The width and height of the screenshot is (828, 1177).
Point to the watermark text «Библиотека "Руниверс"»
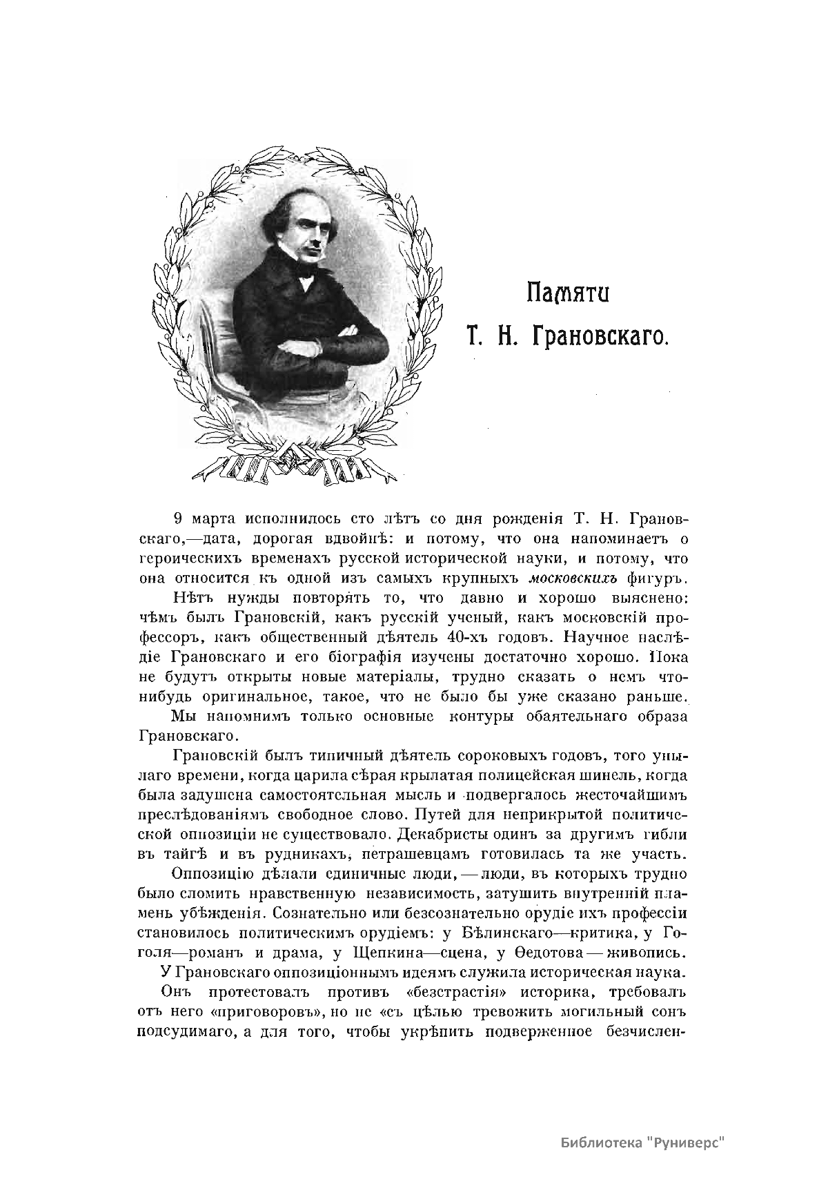644,1142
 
